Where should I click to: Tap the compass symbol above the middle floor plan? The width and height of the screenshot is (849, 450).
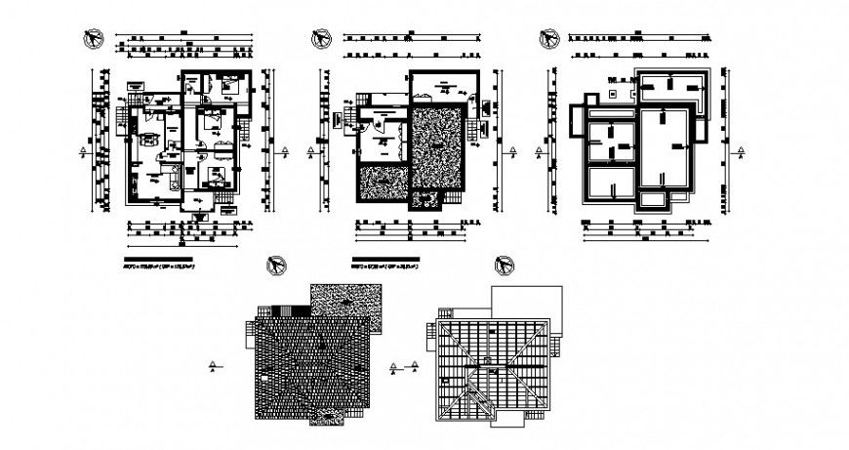coord(319,37)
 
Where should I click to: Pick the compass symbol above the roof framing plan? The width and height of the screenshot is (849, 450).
coord(505,264)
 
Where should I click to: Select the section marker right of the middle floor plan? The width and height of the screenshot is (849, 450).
coord(508,151)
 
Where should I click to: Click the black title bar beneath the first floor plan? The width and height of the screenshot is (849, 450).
coord(156,260)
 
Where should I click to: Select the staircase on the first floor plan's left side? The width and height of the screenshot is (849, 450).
coord(120,120)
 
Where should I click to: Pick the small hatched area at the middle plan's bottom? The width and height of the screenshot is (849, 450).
coord(426,200)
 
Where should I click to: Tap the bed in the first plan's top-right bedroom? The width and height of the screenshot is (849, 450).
coord(231,86)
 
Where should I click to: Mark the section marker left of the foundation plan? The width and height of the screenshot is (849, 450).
coord(538,151)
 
